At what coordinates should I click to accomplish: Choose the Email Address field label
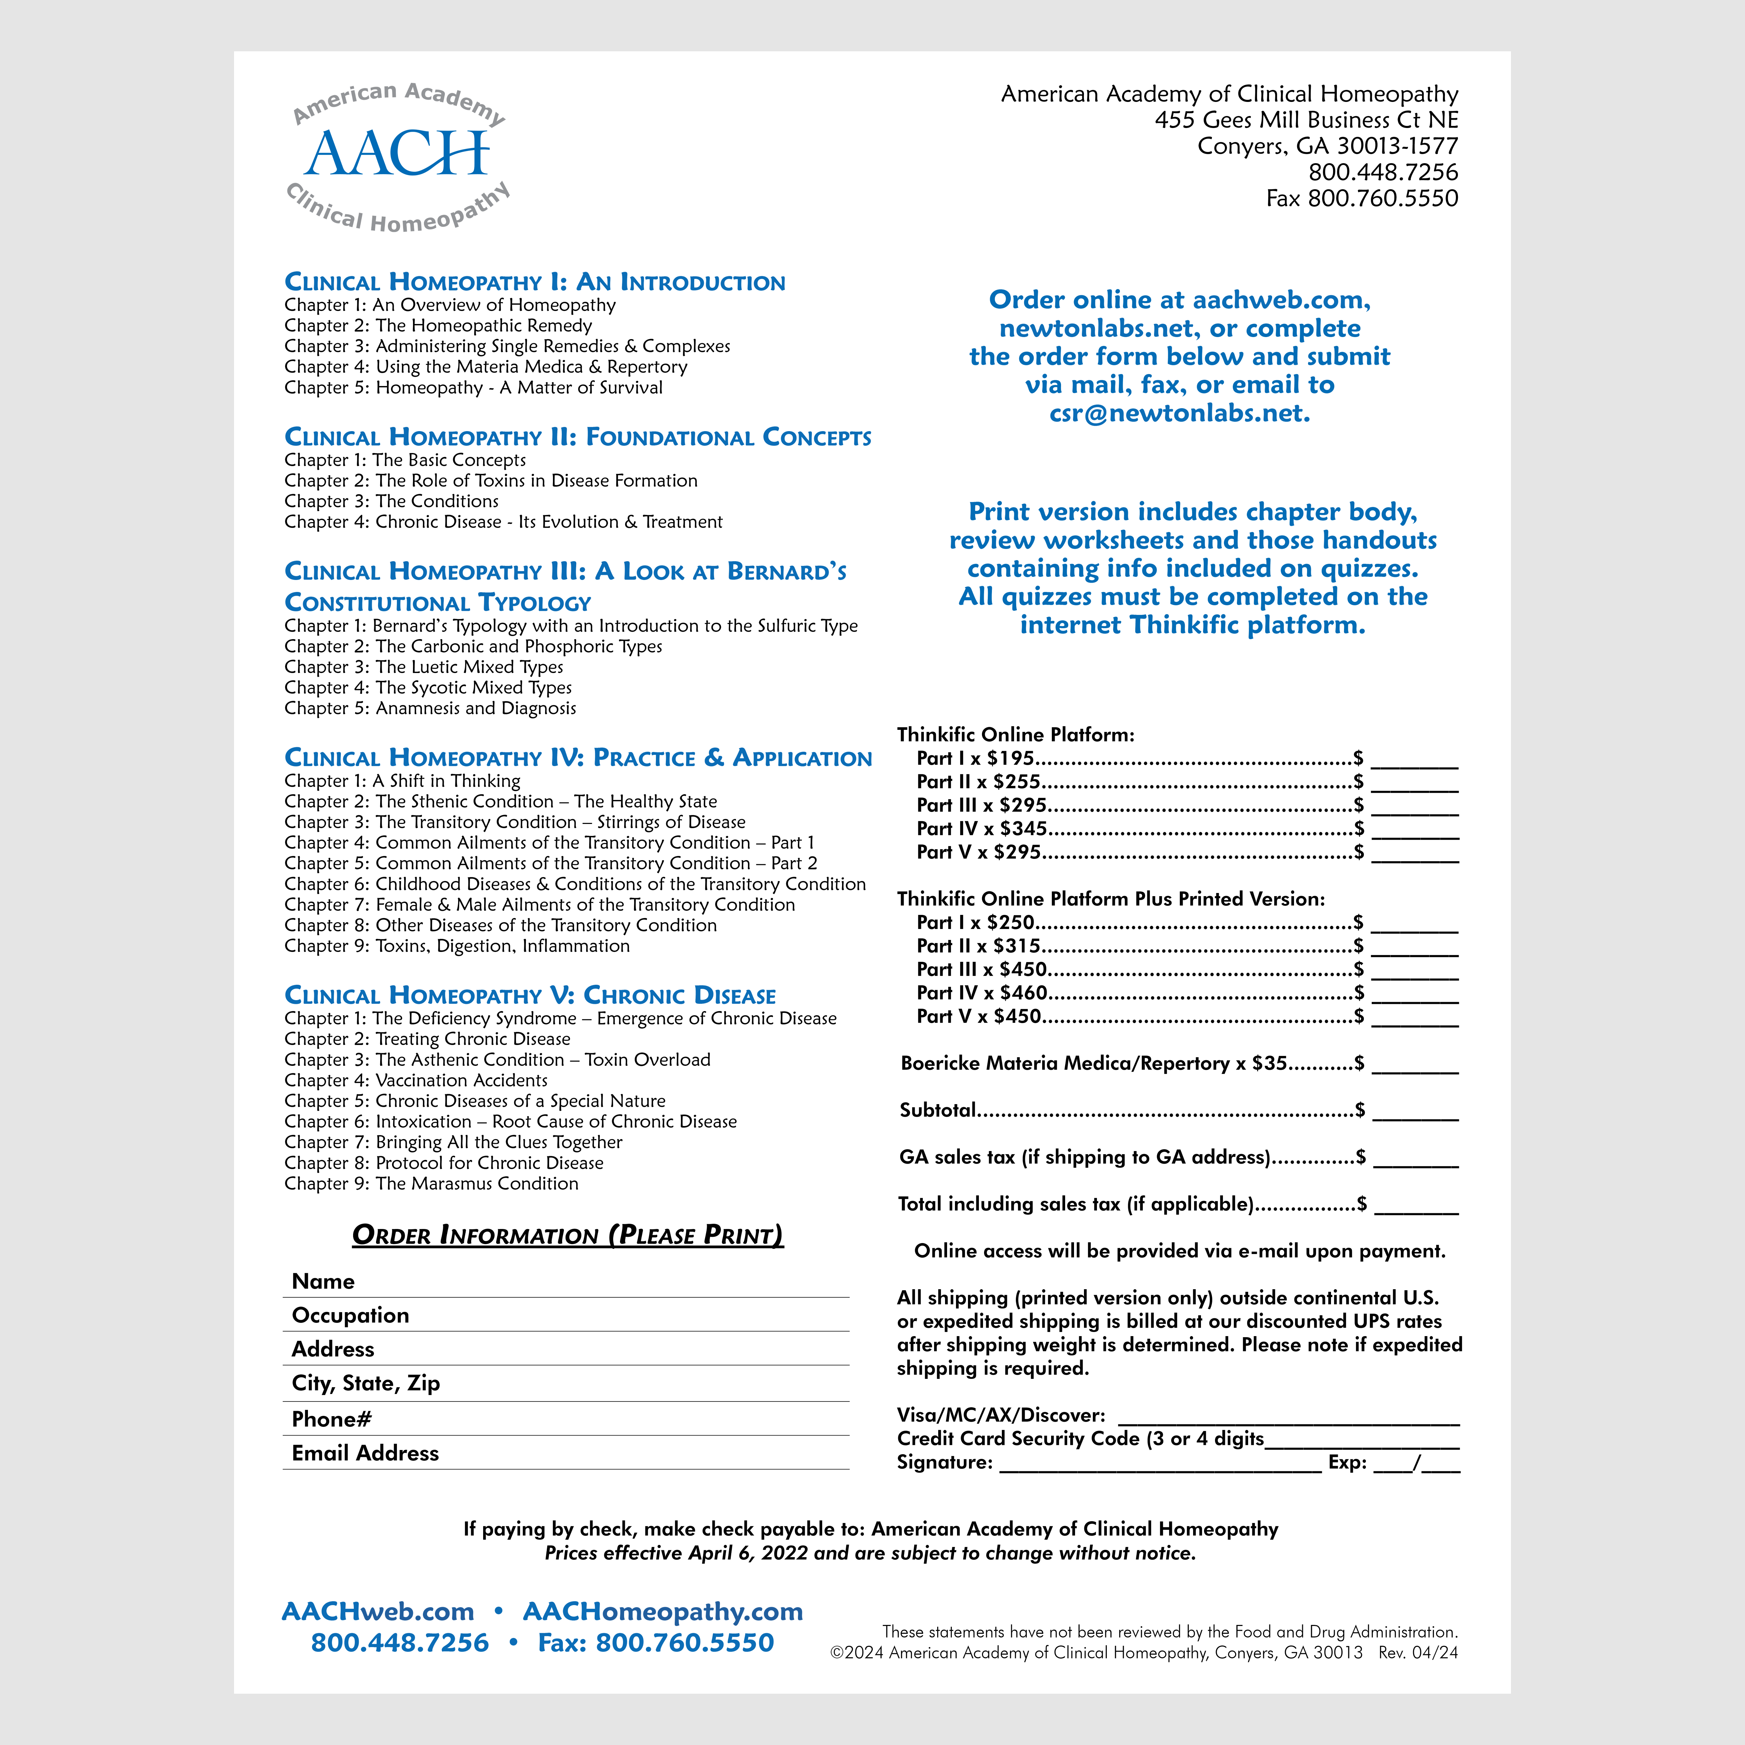365,1453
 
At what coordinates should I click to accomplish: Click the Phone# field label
332,1419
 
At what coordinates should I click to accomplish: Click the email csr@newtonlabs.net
1180,414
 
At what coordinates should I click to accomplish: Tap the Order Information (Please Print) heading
567,1236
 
